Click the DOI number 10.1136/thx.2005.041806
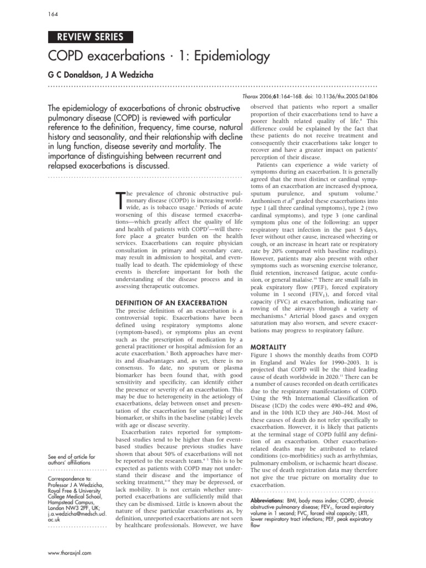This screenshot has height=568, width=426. point(342,96)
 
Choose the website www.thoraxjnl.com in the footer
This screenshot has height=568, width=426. point(70,552)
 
